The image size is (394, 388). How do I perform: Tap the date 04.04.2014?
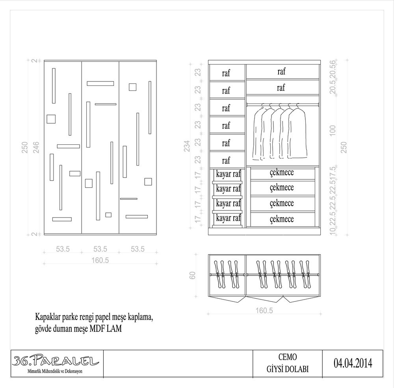tap(353, 363)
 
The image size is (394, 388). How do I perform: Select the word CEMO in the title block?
tap(288, 357)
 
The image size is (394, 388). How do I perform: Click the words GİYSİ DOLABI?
tap(288, 369)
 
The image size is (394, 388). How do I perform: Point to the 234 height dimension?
tap(187, 146)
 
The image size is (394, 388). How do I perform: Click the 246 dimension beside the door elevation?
tap(36, 147)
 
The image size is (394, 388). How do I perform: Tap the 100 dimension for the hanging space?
tap(333, 131)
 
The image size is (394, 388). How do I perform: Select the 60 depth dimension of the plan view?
tap(192, 275)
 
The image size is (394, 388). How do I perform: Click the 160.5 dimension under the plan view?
tap(264, 310)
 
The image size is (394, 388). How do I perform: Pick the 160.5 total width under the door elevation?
tap(100, 260)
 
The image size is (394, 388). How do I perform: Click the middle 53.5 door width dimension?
tap(100, 249)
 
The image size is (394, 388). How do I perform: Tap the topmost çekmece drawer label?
tap(282, 172)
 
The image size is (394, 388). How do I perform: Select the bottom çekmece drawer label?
tap(282, 219)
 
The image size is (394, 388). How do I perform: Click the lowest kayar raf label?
tap(228, 218)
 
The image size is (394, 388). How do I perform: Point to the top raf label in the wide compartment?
tap(281, 71)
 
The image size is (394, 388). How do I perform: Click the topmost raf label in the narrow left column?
tap(226, 73)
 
